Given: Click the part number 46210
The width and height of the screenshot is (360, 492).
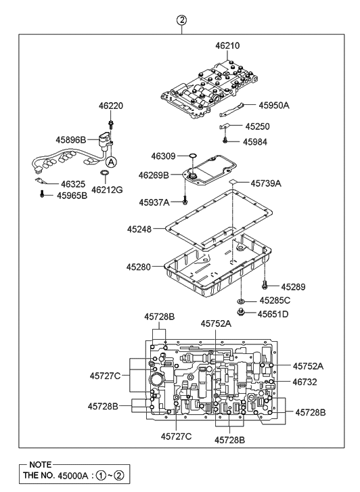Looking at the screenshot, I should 227,46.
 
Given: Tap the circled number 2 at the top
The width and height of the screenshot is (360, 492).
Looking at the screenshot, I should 181,20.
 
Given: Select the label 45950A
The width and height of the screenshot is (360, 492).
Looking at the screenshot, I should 274,105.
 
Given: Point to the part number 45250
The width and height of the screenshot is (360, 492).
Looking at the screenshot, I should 258,126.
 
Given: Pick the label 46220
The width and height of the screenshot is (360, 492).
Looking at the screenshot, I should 112,106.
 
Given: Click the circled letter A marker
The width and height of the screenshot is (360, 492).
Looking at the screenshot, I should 112,162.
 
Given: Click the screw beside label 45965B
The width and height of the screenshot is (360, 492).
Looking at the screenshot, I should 42,195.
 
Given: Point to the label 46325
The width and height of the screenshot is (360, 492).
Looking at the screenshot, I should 74,183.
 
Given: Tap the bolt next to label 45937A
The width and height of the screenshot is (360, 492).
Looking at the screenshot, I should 184,201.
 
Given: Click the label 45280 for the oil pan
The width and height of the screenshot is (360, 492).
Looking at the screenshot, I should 139,267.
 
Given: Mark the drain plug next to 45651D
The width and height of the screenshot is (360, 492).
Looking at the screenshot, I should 242,313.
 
